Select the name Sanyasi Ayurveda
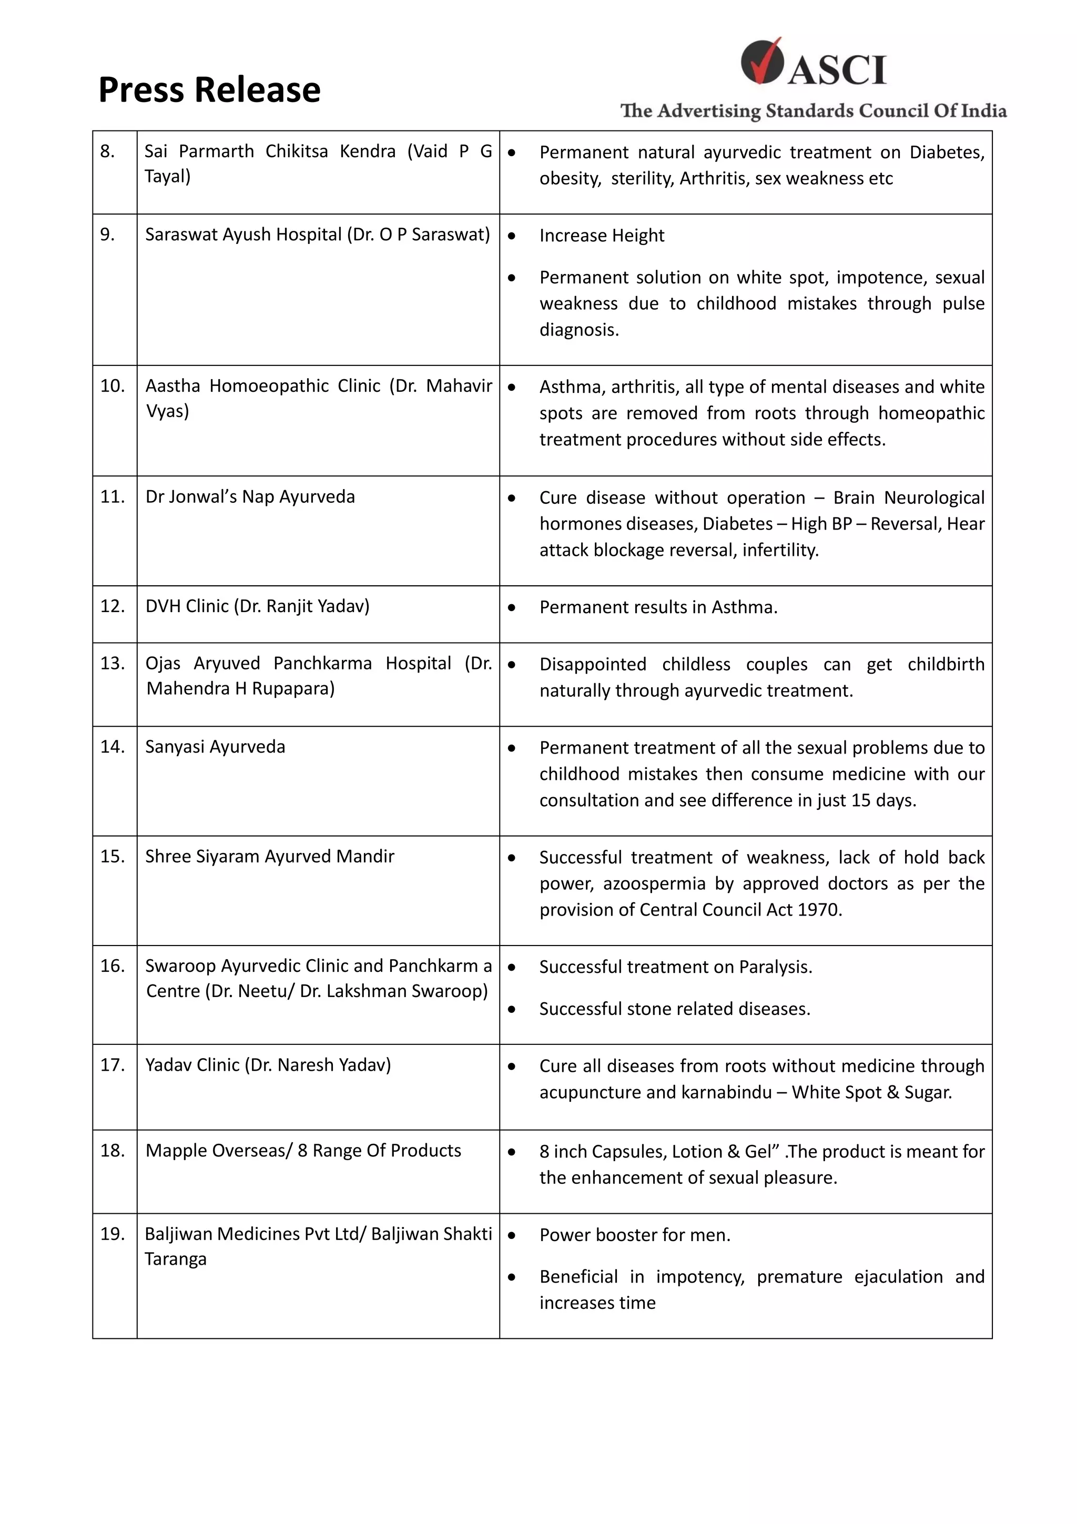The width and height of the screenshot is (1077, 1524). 215,747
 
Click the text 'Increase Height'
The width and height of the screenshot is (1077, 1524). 601,236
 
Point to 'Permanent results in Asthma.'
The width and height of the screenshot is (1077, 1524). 658,607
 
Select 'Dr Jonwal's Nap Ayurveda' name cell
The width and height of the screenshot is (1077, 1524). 250,497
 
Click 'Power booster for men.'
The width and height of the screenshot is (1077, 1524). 634,1235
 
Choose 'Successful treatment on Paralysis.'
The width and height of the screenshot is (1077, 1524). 676,967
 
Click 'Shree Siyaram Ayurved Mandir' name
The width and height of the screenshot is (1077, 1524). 269,857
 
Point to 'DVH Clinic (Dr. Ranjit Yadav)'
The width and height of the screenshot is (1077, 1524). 258,606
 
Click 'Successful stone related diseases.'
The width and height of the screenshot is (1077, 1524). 674,1009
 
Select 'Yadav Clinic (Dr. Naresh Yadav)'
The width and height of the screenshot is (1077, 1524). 268,1065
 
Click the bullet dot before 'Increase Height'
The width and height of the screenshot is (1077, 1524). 512,236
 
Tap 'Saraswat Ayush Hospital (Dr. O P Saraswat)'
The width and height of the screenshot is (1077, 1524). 317,235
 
